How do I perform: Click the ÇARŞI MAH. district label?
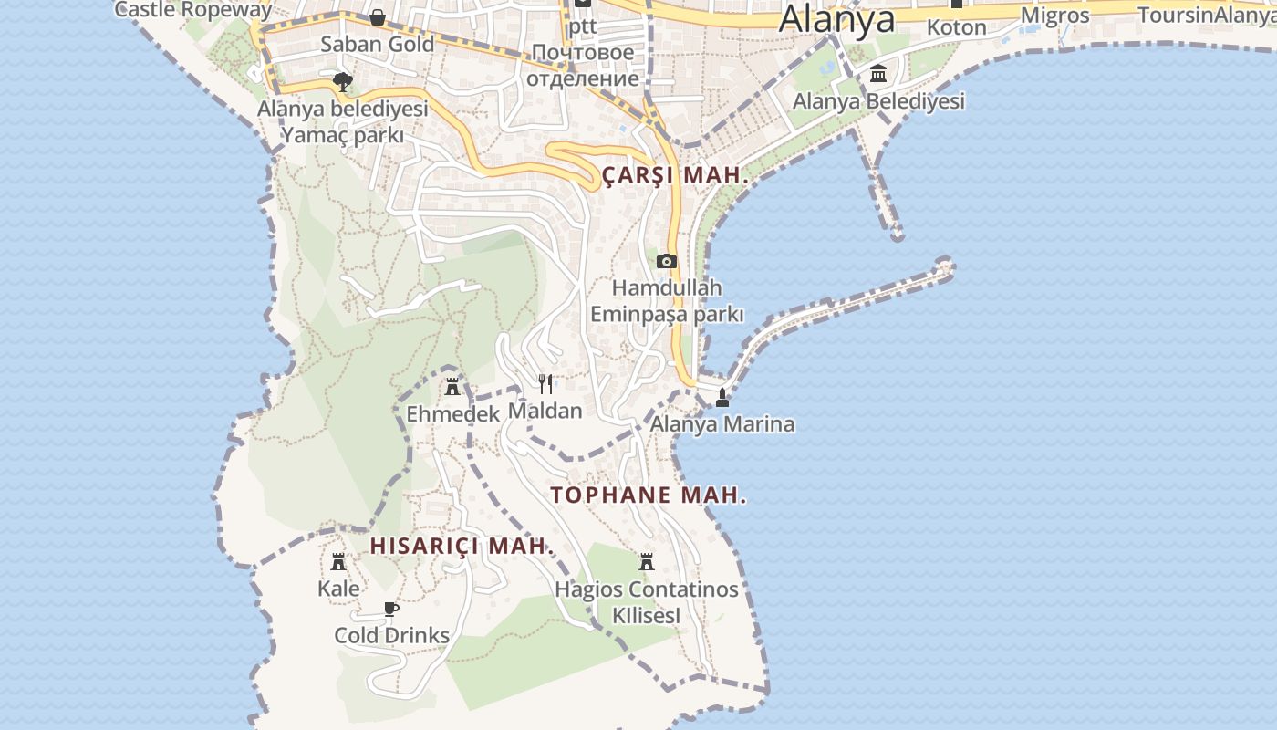coord(675,175)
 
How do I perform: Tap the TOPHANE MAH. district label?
coord(649,495)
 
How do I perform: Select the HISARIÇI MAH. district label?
coord(462,546)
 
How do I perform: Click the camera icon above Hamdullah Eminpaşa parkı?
coord(667,262)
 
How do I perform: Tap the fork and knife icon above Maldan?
coord(545,383)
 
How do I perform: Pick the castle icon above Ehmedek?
coord(452,386)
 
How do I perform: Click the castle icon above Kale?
coord(338,561)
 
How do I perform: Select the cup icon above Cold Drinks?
coord(391,609)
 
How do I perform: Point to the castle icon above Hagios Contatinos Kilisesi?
coord(647,561)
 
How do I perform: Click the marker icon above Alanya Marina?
coord(722,398)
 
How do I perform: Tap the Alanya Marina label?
coord(722,424)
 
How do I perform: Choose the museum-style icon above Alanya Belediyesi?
coord(878,73)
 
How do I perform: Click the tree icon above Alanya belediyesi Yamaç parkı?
coord(342,82)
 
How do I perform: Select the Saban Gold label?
coord(377,44)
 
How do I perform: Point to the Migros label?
coord(1054,16)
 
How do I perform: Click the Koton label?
coord(956,27)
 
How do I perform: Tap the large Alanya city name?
coord(836,18)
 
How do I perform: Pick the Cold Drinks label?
coord(391,635)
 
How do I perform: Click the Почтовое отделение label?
coord(582,65)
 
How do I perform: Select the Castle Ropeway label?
coord(193,10)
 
